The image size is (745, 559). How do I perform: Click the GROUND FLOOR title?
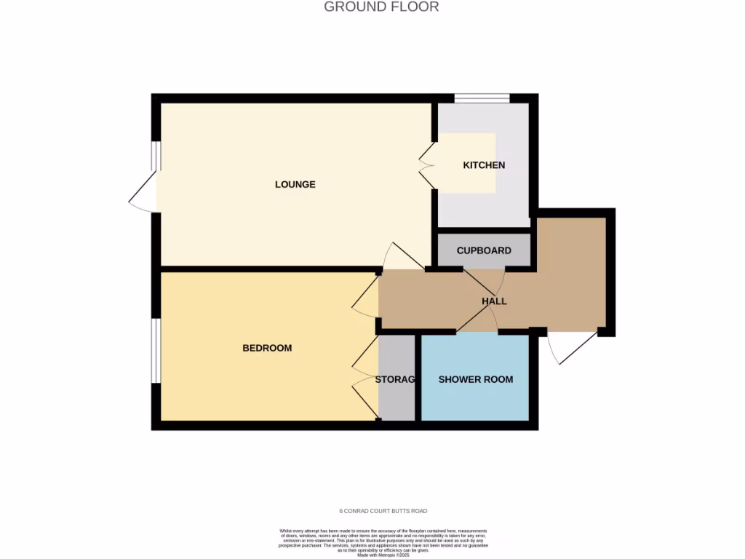(x=381, y=7)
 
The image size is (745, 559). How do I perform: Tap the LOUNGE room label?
(x=295, y=184)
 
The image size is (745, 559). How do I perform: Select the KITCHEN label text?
(x=484, y=165)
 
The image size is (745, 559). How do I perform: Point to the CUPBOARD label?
(x=484, y=250)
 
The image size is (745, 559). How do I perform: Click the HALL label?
(x=494, y=301)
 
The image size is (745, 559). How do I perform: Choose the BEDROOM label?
(x=267, y=348)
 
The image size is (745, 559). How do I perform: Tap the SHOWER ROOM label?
(x=476, y=379)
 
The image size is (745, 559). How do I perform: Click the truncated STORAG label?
(x=396, y=379)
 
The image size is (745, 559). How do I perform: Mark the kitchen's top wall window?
(x=482, y=98)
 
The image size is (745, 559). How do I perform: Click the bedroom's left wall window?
(x=156, y=350)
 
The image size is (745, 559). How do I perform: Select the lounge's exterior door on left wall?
(x=144, y=192)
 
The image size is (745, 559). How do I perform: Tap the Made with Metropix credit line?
(x=383, y=555)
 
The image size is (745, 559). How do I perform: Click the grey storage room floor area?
(x=397, y=404)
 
